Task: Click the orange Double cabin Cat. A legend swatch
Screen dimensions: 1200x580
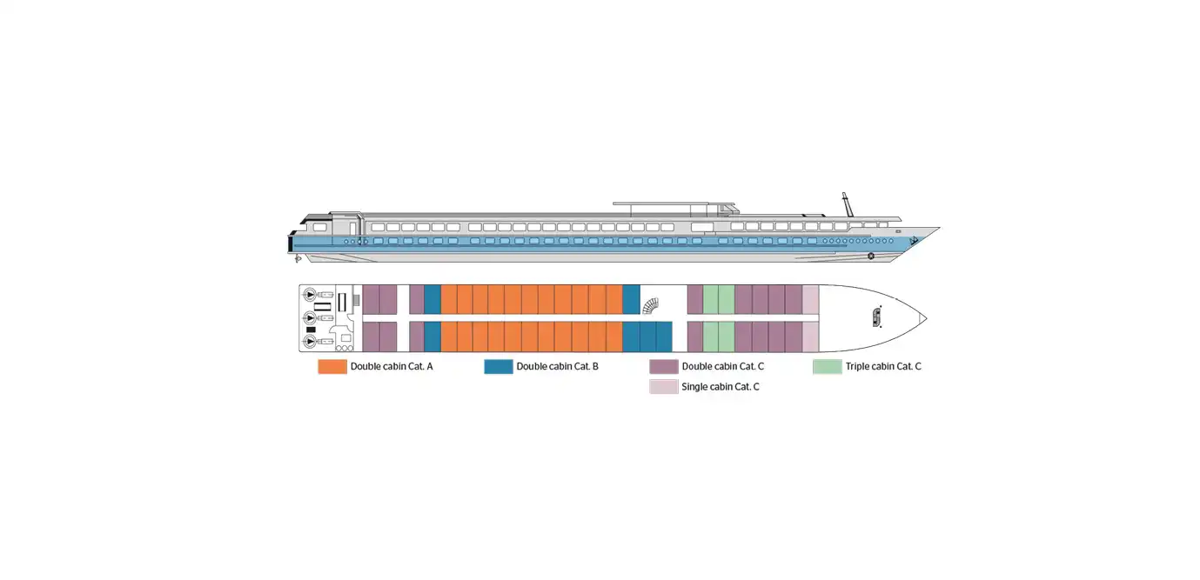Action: pyautogui.click(x=332, y=366)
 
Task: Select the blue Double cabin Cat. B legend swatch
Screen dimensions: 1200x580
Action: pyautogui.click(x=499, y=366)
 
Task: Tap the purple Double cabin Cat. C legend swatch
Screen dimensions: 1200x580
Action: pyautogui.click(x=664, y=366)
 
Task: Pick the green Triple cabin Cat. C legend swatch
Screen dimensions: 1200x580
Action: pyautogui.click(x=828, y=366)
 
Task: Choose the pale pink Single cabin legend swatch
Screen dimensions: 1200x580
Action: pyautogui.click(x=664, y=387)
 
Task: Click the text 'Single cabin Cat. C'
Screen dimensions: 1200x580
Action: pyautogui.click(x=720, y=387)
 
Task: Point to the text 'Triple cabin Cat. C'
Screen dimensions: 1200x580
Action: pyautogui.click(x=883, y=366)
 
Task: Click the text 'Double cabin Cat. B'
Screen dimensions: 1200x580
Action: pyautogui.click(x=557, y=366)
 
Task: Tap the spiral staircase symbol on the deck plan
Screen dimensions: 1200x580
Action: pyautogui.click(x=650, y=306)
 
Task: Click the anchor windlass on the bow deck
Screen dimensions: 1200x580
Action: pyautogui.click(x=877, y=317)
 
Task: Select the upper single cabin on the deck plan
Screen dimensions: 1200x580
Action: pyautogui.click(x=810, y=299)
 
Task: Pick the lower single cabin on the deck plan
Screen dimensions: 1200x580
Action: pyautogui.click(x=810, y=337)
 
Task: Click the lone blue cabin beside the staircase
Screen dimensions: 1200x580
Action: pyautogui.click(x=631, y=299)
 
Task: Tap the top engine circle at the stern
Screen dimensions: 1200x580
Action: pyautogui.click(x=310, y=295)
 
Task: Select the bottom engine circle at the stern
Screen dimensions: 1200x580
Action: pyautogui.click(x=310, y=341)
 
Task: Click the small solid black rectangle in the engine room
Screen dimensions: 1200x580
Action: pyautogui.click(x=311, y=330)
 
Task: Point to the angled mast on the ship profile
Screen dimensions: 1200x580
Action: pyautogui.click(x=848, y=204)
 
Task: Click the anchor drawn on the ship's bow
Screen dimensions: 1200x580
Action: pyautogui.click(x=914, y=241)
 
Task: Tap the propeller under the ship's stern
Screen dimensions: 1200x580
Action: pyautogui.click(x=298, y=259)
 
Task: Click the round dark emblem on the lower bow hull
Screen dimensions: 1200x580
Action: pyautogui.click(x=871, y=256)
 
